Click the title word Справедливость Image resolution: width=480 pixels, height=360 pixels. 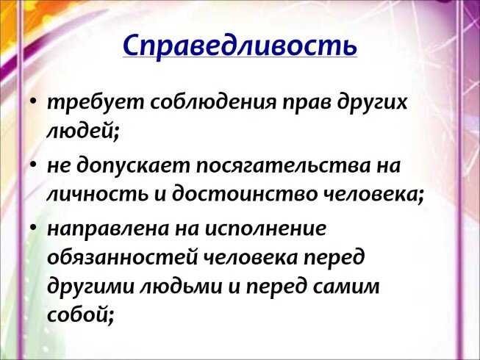[240, 46]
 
